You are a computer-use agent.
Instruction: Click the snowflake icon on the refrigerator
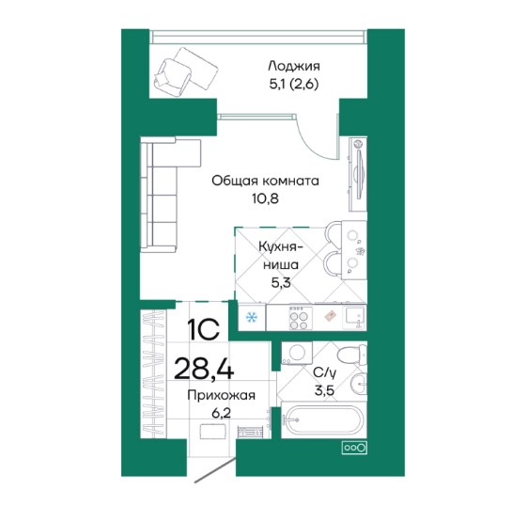(251, 317)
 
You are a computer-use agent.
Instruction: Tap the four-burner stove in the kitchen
(299, 317)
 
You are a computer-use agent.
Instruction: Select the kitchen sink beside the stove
(353, 317)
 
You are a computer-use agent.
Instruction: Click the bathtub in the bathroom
(323, 419)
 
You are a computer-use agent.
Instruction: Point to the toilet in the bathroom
(352, 355)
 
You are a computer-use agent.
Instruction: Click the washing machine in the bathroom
(297, 353)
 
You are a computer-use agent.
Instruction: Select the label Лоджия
(294, 66)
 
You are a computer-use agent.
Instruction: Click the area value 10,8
(265, 198)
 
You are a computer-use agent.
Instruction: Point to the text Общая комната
(265, 181)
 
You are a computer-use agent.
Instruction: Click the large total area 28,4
(204, 369)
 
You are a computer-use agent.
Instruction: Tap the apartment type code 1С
(204, 329)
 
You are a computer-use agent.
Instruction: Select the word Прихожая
(221, 395)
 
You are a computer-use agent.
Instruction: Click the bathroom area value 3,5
(324, 390)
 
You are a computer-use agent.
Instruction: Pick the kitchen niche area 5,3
(281, 282)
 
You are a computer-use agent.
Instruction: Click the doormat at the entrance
(212, 431)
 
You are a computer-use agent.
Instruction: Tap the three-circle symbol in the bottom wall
(354, 448)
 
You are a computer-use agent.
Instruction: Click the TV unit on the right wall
(358, 174)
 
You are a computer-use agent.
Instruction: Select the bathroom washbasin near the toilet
(358, 384)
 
